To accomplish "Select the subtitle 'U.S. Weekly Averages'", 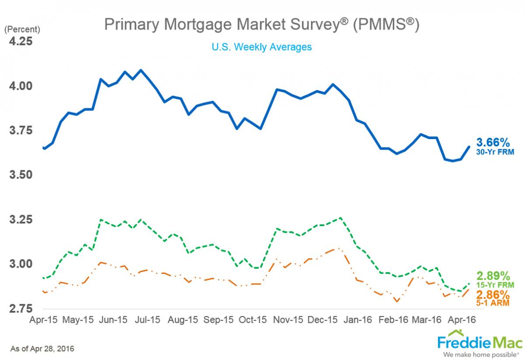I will pos(262,47).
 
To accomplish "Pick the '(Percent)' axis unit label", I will pos(22,30).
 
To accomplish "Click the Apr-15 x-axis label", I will pos(44,320).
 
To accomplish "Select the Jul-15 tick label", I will pos(147,320).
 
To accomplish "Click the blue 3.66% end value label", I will pos(493,143).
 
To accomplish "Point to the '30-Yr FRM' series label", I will pos(495,152).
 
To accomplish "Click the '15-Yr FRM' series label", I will pos(495,285).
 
